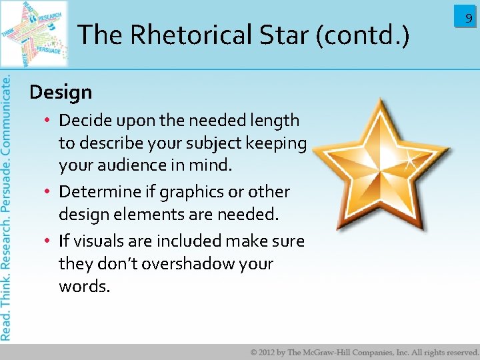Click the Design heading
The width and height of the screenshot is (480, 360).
tap(61, 92)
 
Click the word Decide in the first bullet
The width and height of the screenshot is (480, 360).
tap(84, 121)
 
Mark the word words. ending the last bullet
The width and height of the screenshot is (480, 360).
tap(84, 287)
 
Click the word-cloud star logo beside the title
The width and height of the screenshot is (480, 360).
tap(35, 33)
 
